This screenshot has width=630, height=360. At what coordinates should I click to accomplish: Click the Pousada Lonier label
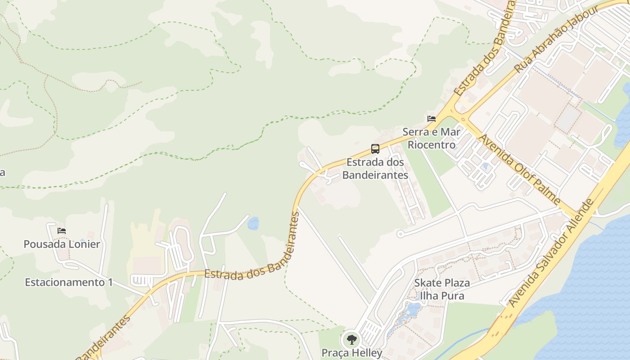tap(62, 244)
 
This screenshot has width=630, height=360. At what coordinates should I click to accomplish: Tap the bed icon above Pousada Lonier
tap(62, 231)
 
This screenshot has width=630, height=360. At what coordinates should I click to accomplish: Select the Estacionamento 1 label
tap(68, 283)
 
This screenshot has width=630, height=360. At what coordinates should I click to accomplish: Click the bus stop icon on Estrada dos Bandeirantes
tap(375, 149)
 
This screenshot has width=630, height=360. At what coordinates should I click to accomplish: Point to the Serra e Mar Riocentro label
tap(431, 139)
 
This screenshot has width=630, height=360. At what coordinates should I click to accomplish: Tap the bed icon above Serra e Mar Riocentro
tap(431, 119)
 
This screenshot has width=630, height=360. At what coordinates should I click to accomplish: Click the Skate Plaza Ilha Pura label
tap(441, 289)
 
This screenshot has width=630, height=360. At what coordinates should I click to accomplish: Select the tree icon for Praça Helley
tap(351, 339)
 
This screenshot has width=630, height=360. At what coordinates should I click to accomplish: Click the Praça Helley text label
tap(351, 353)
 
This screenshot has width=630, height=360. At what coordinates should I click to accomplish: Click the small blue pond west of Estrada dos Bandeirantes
tap(253, 223)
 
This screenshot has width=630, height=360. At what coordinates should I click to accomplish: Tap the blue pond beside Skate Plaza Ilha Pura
tap(412, 310)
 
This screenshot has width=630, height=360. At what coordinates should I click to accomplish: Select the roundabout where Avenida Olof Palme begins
tap(461, 116)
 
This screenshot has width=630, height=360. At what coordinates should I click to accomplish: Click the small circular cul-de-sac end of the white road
tap(400, 234)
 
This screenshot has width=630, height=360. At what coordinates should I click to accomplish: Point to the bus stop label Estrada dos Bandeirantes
tap(375, 168)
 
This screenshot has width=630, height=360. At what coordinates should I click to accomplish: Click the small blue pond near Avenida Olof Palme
tap(485, 166)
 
